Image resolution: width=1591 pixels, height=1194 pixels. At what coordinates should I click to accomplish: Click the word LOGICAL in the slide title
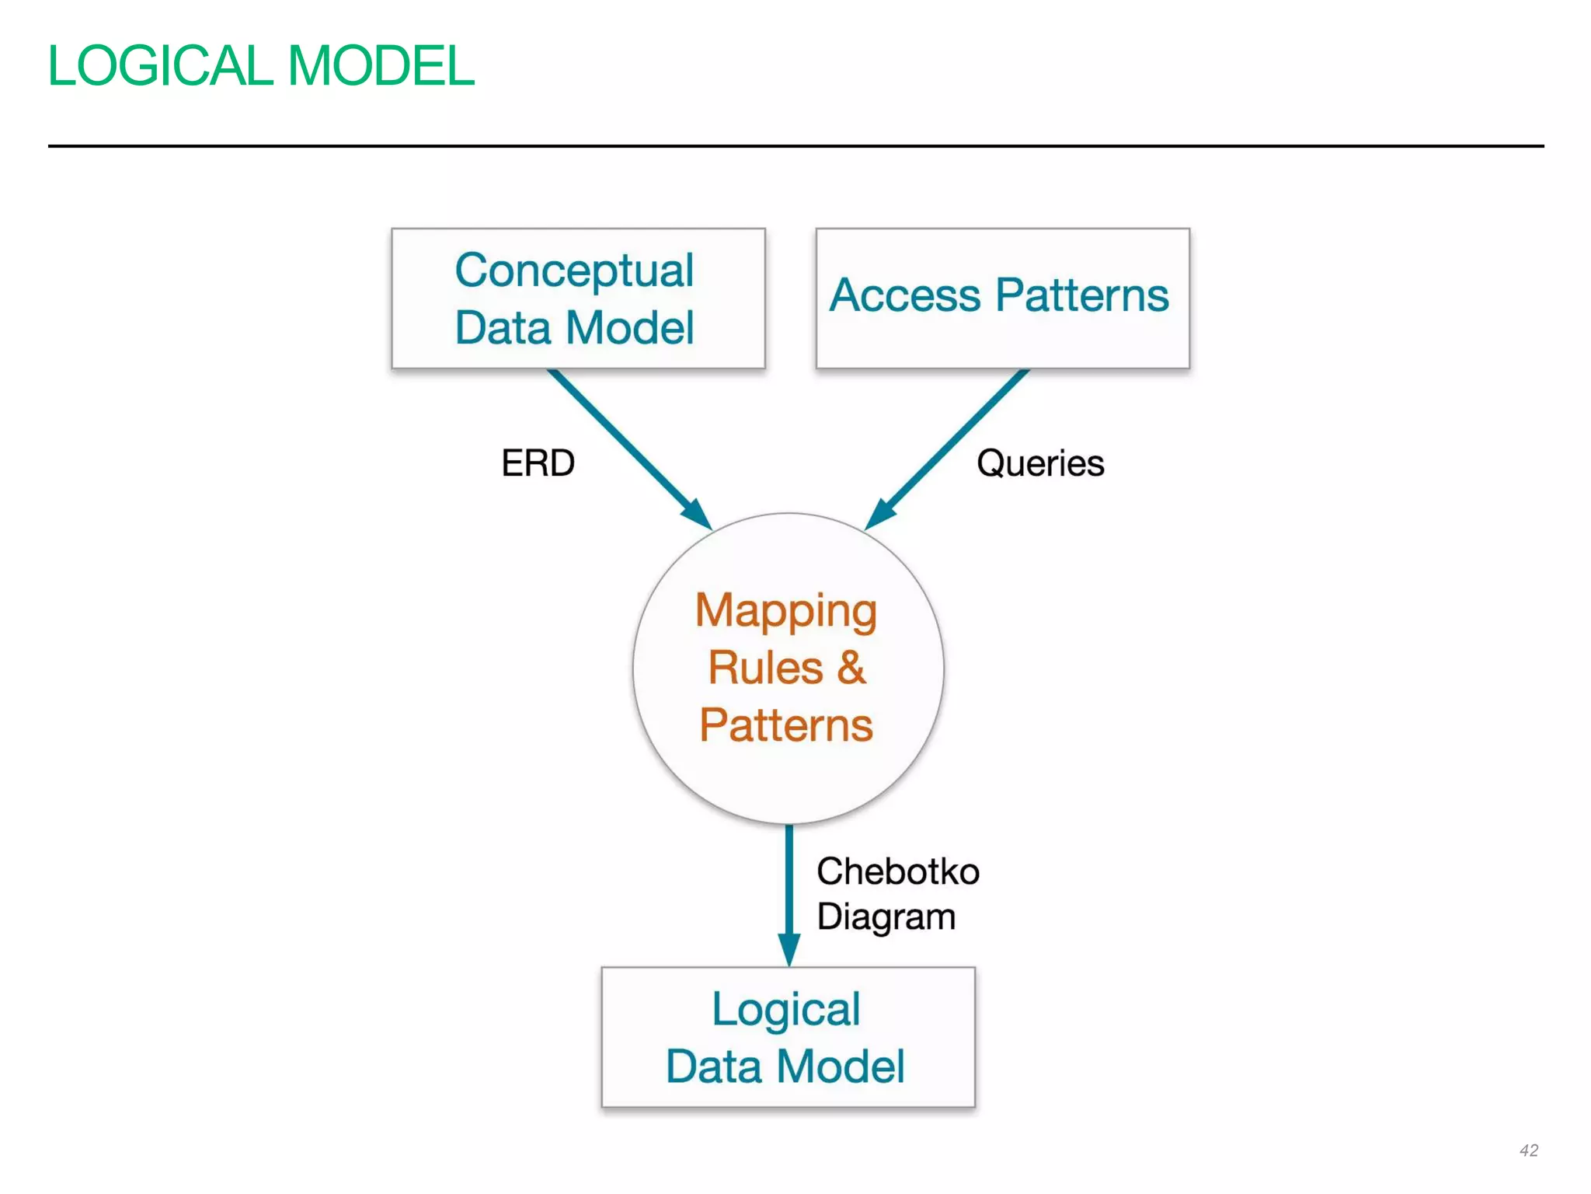159,66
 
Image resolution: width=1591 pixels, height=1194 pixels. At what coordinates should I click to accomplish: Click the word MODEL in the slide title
381,66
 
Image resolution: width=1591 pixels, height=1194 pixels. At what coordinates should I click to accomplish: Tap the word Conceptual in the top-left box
574,271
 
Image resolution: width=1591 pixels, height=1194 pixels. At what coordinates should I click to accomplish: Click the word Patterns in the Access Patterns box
1082,295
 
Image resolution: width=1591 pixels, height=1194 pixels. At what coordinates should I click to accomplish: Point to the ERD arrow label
538,463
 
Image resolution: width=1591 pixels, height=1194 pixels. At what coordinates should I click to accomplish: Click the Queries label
1040,463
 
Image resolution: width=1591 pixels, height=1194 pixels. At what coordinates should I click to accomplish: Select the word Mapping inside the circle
786,611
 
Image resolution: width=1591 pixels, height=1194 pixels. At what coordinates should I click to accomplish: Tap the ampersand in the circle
851,667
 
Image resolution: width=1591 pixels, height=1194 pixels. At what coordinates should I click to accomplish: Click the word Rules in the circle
765,669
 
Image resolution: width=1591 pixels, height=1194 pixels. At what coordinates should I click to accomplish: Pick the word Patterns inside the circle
786,725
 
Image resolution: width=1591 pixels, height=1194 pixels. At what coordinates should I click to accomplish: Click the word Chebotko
898,871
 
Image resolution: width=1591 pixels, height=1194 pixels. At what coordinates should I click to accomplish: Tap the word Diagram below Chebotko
886,917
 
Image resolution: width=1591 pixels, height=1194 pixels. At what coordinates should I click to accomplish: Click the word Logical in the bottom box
786,1010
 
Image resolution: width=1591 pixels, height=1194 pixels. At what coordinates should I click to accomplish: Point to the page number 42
1528,1150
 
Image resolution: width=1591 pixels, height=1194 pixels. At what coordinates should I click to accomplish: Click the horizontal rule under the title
795,146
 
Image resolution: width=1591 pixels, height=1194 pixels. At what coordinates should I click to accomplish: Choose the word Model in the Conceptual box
629,328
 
